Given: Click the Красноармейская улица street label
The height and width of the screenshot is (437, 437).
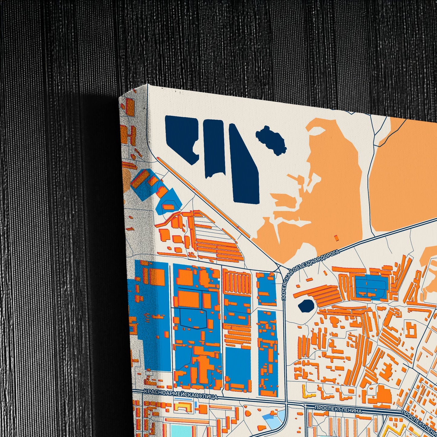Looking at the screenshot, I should pos(181,395).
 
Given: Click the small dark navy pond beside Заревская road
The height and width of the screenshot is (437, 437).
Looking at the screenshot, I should pos(306,305).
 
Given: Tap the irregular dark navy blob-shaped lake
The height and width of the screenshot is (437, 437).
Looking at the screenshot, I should pos(271,140).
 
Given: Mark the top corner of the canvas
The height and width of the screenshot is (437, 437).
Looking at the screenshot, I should pos(148,85).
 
